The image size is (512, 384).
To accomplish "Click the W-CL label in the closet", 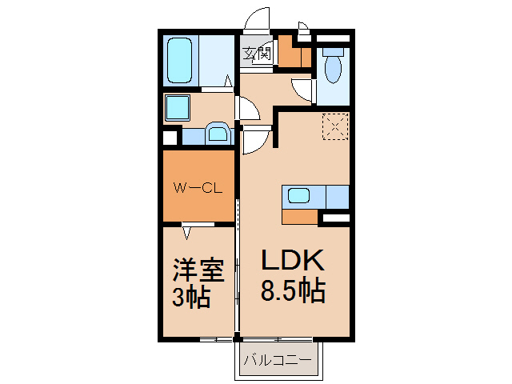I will coord(198,189).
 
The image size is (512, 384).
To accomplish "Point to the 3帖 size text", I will coord(191,298).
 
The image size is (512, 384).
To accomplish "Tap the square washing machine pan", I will coord(177,106).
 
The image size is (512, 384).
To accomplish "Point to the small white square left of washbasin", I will coord(170,137).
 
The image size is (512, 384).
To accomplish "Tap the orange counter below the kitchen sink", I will coord(301,215).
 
